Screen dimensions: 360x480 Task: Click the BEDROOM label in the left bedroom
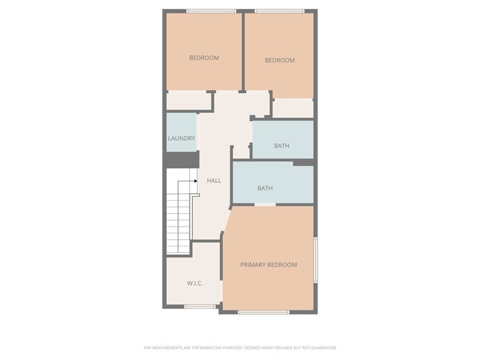click(204, 58)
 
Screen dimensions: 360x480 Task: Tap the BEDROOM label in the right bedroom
click(279, 60)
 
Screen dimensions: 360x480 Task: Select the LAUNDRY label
click(181, 139)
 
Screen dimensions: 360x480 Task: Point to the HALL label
click(214, 181)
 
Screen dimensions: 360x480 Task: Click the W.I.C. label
click(195, 283)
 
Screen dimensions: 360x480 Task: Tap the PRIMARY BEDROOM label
click(269, 265)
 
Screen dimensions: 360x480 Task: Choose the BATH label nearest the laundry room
click(281, 145)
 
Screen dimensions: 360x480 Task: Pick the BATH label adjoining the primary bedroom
click(265, 188)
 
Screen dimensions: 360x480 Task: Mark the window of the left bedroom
click(211, 10)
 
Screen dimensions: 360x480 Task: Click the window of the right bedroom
click(278, 10)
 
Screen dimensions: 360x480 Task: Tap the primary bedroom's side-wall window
click(316, 259)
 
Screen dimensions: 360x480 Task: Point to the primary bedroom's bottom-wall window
click(264, 312)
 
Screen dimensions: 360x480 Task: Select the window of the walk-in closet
click(199, 306)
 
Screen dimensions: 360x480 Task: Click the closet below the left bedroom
click(188, 101)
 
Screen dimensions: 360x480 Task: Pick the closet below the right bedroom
click(293, 108)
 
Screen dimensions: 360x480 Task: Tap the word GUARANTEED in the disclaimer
click(324, 347)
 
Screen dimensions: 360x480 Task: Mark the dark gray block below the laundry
click(181, 160)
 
